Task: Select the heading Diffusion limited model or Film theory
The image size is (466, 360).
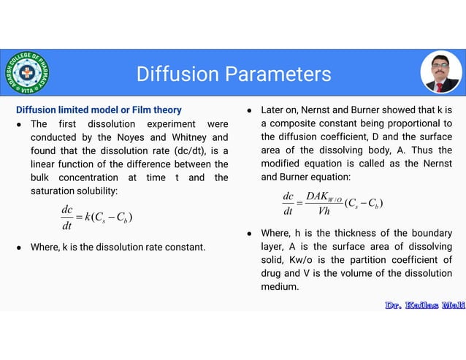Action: (x=99, y=110)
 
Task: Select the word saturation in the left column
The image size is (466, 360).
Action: (x=55, y=191)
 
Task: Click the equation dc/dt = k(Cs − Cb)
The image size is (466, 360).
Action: (x=96, y=217)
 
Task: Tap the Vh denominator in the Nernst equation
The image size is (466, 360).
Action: (x=324, y=212)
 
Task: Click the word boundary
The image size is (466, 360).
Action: (x=429, y=233)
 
